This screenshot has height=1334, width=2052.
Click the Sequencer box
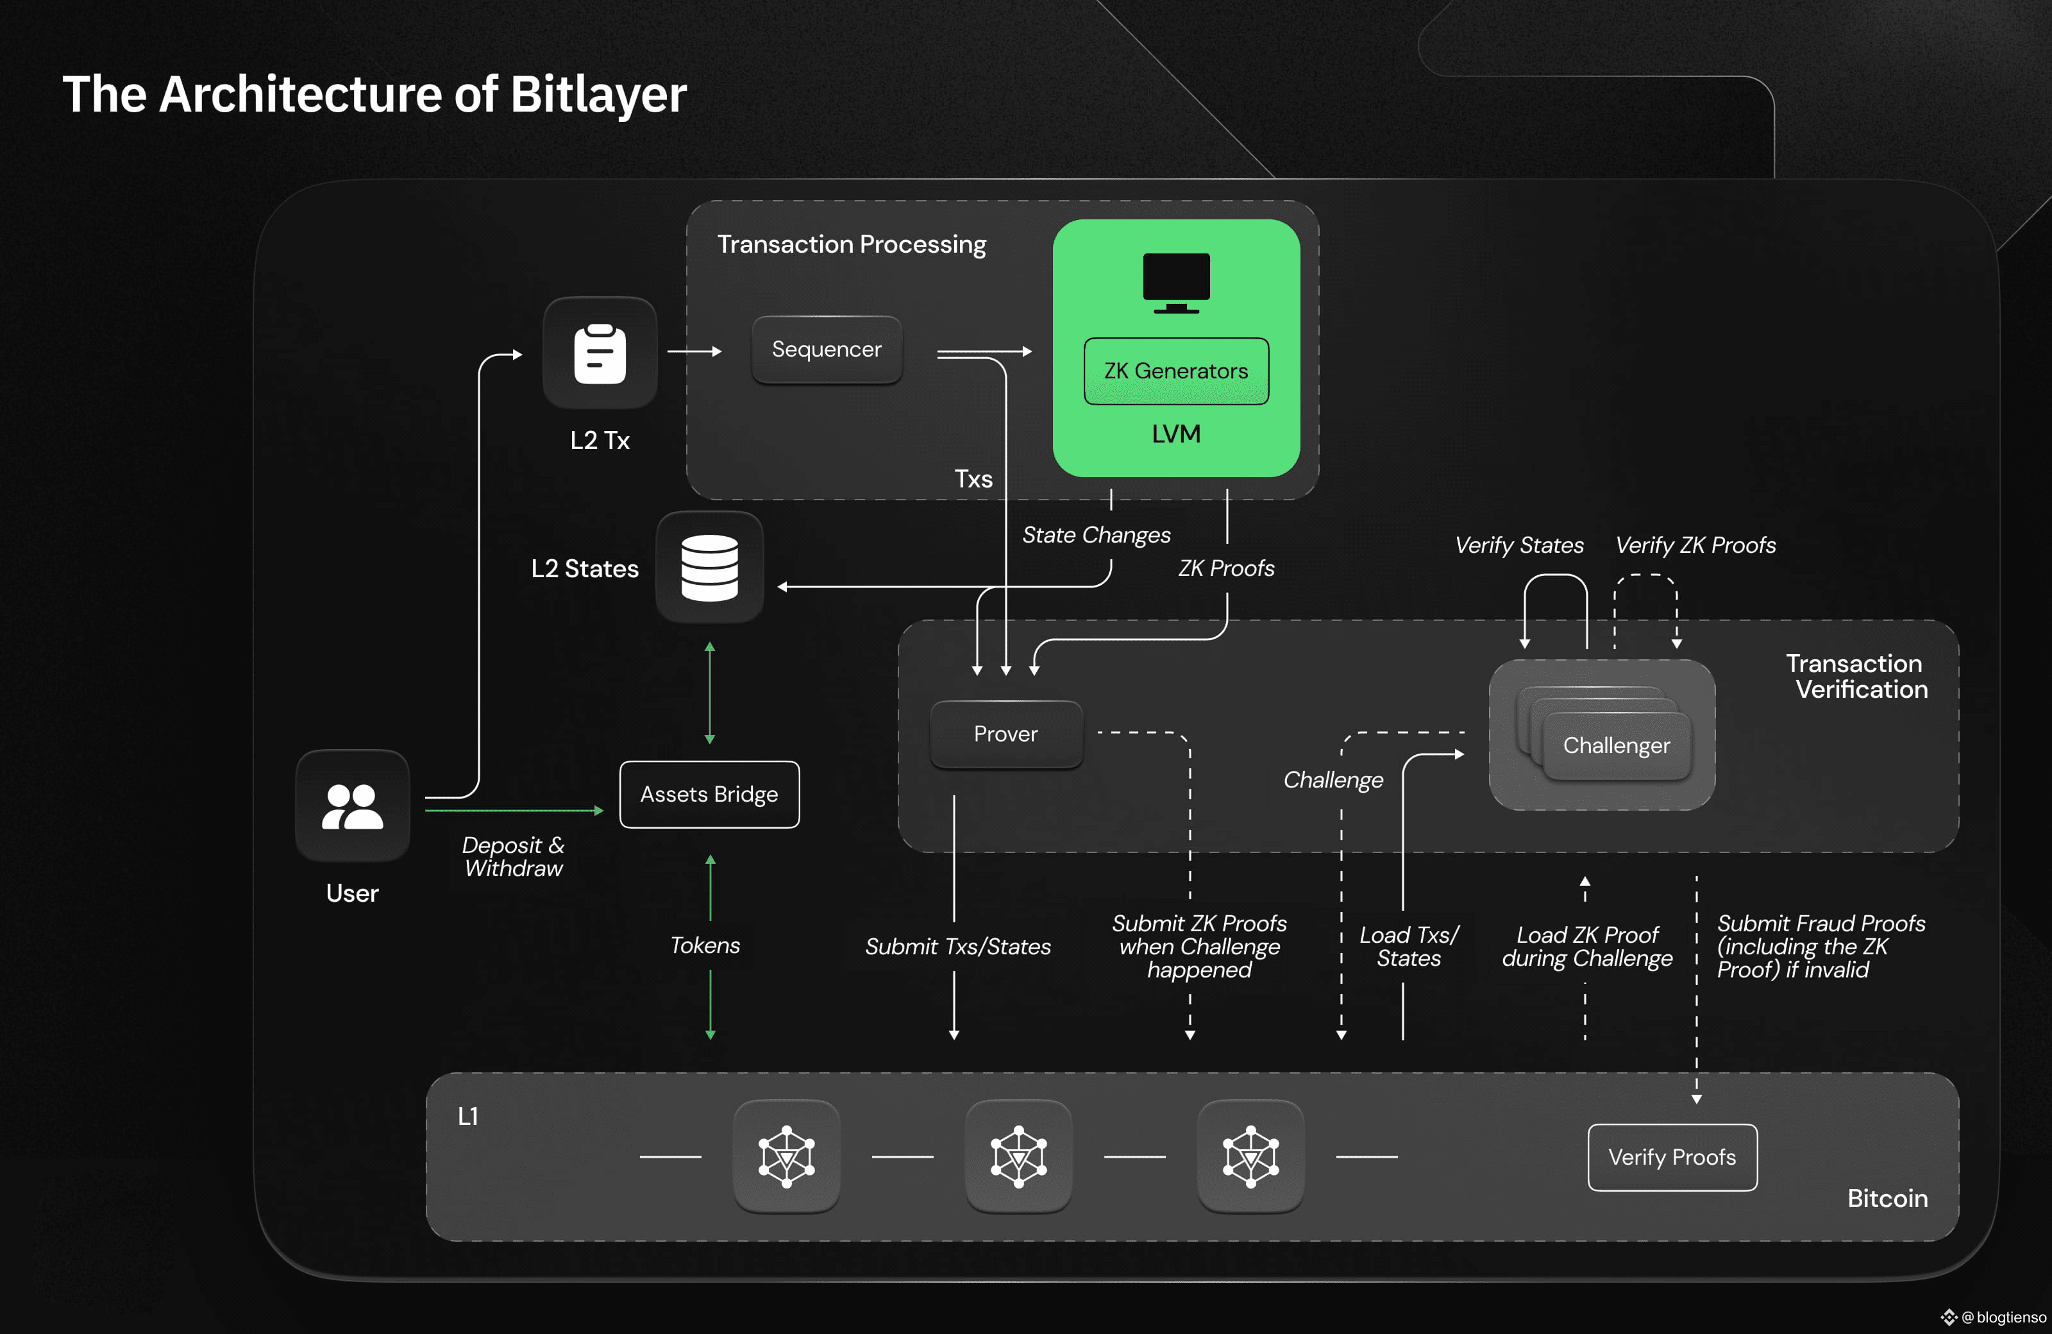click(x=827, y=350)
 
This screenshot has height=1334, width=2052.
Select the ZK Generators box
click(x=1176, y=371)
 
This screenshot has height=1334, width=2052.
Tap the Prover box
click(x=1006, y=734)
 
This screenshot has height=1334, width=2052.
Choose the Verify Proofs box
click(x=1672, y=1157)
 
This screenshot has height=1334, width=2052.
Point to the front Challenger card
click(x=1617, y=746)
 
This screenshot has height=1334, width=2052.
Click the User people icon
click(x=353, y=806)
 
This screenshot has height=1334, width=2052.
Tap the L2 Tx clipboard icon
click(x=600, y=353)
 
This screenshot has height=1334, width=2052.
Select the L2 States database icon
click(x=710, y=568)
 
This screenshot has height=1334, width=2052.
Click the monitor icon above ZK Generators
click(x=1176, y=283)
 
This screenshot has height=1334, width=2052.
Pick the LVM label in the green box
click(x=1176, y=434)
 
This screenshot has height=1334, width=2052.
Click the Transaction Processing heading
click(x=852, y=245)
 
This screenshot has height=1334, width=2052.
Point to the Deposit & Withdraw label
click(x=514, y=856)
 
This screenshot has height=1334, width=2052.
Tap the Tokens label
click(x=705, y=946)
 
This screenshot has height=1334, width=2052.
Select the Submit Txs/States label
click(x=958, y=947)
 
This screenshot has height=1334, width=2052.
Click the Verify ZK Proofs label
click(x=1695, y=545)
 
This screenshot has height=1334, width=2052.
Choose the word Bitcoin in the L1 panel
click(x=1887, y=1199)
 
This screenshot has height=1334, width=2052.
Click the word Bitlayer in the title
click(x=598, y=95)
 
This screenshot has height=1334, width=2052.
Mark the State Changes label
click(x=1096, y=536)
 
